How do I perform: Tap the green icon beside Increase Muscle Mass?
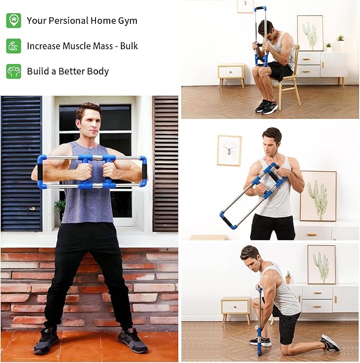click(x=14, y=46)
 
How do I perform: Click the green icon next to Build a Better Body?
click(x=14, y=71)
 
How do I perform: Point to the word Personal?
click(x=68, y=21)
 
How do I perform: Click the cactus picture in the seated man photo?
click(x=310, y=33)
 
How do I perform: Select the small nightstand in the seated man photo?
click(x=231, y=73)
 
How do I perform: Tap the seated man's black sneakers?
click(x=266, y=107)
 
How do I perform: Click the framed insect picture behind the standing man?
click(x=229, y=150)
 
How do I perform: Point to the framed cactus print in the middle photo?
click(x=318, y=196)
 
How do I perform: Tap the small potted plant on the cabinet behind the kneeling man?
click(x=288, y=278)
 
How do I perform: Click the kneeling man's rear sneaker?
click(x=330, y=343)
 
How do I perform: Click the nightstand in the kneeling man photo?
click(x=235, y=307)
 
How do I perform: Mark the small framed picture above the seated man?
click(x=245, y=6)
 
